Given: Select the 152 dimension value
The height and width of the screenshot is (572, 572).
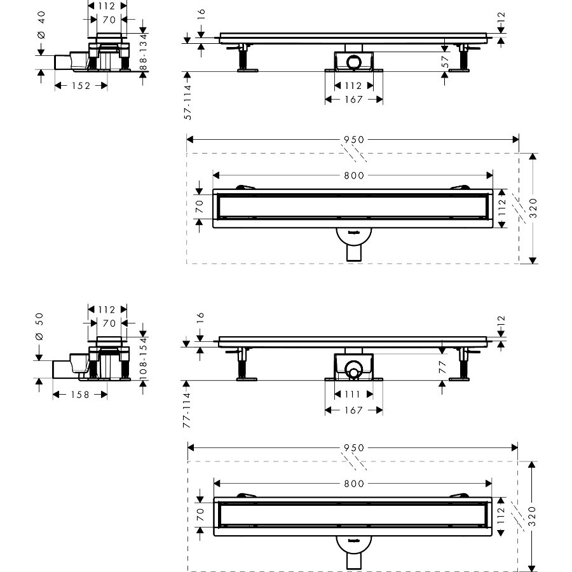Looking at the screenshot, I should click(80, 85).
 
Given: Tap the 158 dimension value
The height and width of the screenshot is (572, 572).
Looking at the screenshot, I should click(80, 395).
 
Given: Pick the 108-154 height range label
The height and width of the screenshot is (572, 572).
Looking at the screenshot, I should click(144, 360).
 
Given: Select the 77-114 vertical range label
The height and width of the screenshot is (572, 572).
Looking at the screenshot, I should click(189, 408).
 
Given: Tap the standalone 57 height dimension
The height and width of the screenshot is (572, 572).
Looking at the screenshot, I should click(445, 62).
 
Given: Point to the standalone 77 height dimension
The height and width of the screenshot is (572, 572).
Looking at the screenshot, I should click(445, 367).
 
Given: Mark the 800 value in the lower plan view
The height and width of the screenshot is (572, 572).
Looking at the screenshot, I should click(353, 484).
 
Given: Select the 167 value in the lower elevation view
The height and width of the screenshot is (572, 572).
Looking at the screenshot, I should click(353, 411).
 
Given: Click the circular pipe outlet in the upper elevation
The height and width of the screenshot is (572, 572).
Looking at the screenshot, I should click(353, 62).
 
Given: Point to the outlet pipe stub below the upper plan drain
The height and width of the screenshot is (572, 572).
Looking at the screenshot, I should click(353, 253).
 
